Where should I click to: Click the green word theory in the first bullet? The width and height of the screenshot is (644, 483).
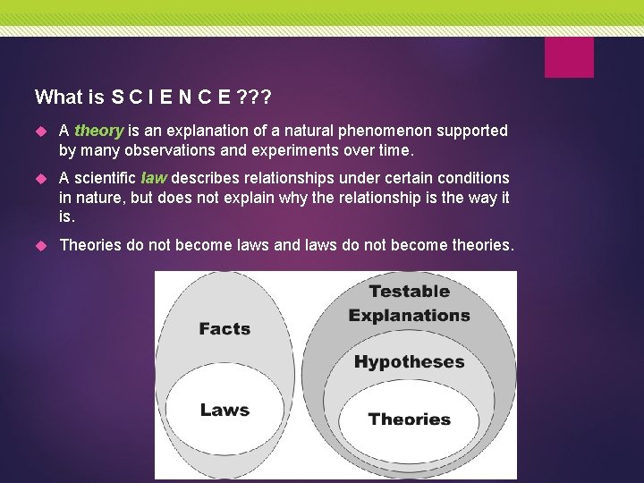(x=98, y=131)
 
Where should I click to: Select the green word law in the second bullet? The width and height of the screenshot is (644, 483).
(x=154, y=178)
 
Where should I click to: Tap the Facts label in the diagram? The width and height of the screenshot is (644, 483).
(x=225, y=329)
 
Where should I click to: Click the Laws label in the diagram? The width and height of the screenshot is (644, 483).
(x=225, y=411)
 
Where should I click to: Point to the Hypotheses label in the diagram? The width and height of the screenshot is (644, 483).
(x=409, y=362)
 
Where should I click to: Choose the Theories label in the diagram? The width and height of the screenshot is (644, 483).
(x=409, y=419)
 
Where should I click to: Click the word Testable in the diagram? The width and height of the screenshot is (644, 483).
(x=409, y=292)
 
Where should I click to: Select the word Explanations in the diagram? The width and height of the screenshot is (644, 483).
(x=409, y=316)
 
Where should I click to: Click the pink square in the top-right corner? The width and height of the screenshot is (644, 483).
(x=569, y=56)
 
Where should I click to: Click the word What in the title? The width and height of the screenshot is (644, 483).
(x=55, y=97)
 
